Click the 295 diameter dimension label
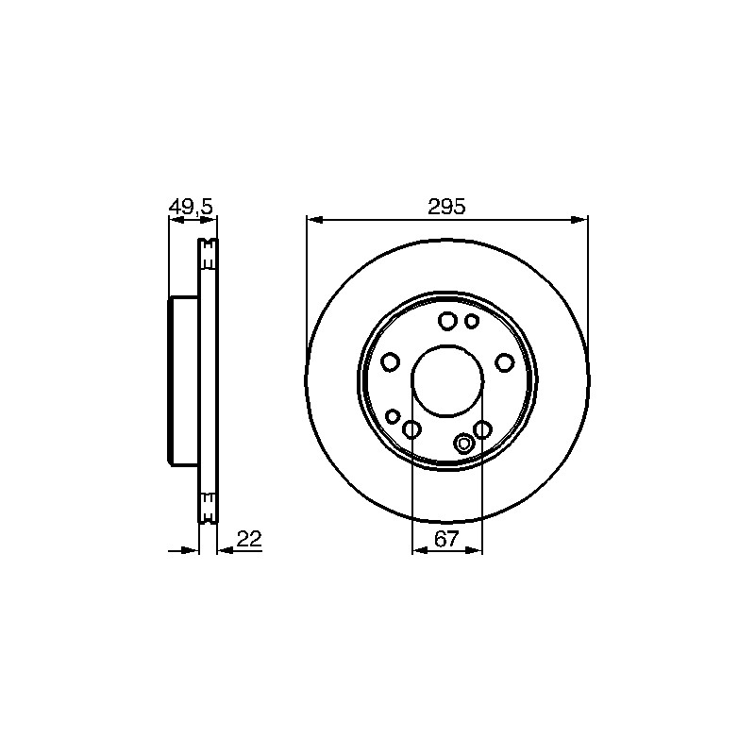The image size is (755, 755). pyautogui.click(x=446, y=207)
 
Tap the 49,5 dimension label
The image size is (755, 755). pyautogui.click(x=191, y=207)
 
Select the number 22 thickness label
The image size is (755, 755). pyautogui.click(x=249, y=539)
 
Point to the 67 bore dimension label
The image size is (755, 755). pyautogui.click(x=446, y=539)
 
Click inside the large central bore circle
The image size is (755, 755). pyautogui.click(x=446, y=380)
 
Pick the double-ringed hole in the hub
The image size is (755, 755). pyautogui.click(x=464, y=444)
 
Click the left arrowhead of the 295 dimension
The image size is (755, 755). pyautogui.click(x=314, y=220)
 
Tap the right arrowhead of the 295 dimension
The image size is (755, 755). pyautogui.click(x=579, y=220)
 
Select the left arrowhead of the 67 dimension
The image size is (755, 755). pyautogui.click(x=420, y=550)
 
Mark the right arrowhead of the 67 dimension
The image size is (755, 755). pyautogui.click(x=474, y=550)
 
